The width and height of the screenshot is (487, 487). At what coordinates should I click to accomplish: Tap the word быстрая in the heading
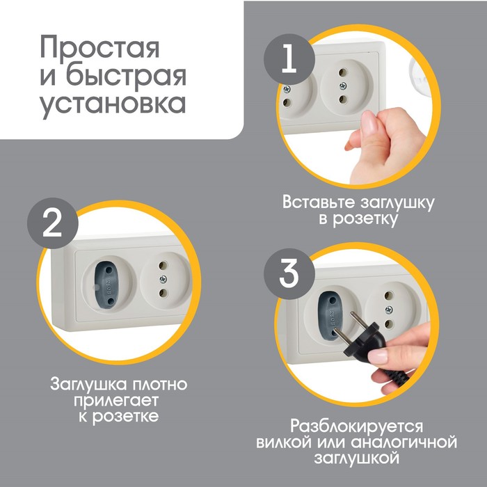[x=126, y=76]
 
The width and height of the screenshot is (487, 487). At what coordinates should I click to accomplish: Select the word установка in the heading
[x=113, y=104]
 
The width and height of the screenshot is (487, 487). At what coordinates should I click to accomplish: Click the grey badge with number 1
[x=289, y=59]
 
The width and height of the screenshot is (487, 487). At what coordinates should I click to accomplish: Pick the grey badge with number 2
[x=52, y=223]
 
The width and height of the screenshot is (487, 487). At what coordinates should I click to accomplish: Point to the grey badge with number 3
[x=289, y=274]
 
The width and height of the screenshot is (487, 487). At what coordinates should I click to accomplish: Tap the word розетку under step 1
[x=365, y=219]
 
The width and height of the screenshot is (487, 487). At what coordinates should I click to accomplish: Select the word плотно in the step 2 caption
[x=160, y=385]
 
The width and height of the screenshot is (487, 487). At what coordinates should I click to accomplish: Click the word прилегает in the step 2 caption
[x=116, y=401]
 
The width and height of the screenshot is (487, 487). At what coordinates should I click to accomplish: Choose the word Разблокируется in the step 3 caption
[x=356, y=426]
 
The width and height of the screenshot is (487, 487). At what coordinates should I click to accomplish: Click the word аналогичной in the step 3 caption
[x=404, y=442]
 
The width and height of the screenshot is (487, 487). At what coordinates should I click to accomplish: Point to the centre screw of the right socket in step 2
[x=163, y=279]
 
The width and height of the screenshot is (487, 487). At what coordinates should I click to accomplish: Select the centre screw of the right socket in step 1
[x=343, y=86]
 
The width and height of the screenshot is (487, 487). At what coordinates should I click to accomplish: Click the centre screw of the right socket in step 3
[x=388, y=310]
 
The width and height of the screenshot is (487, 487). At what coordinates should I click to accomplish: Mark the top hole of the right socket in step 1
[x=343, y=72]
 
